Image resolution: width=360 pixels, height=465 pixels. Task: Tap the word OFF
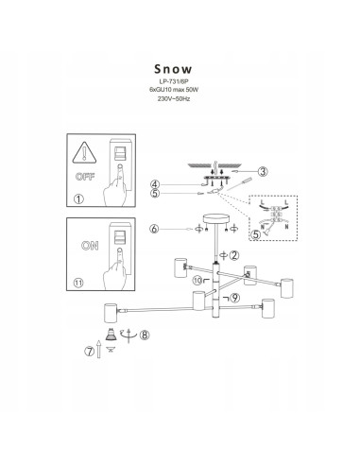click(x=83, y=175)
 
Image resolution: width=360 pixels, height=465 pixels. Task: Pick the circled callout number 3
click(x=264, y=171)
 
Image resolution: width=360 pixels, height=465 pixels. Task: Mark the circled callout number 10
click(x=197, y=281)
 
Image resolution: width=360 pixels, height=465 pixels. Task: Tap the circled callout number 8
click(x=145, y=334)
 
